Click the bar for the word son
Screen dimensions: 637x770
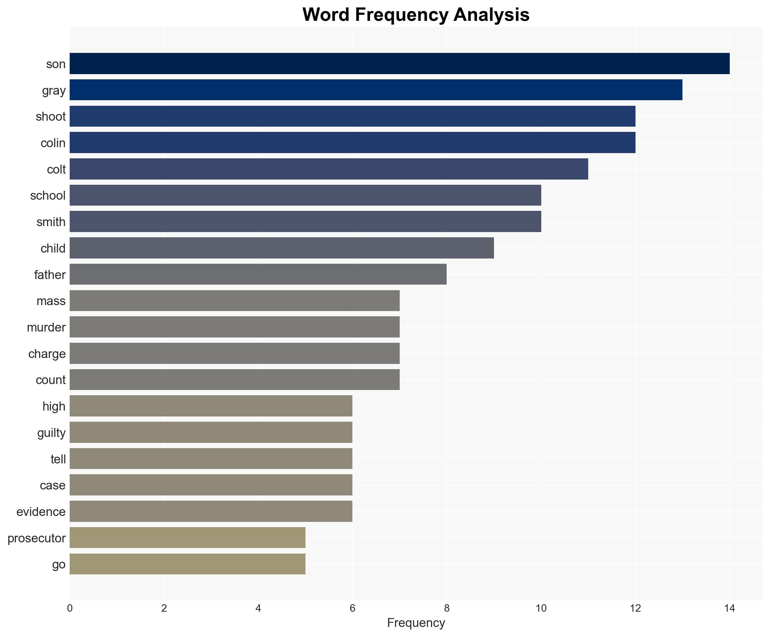(x=399, y=64)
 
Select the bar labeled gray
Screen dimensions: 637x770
(x=376, y=90)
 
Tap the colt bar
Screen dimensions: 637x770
(x=329, y=169)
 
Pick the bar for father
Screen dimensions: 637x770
(x=258, y=275)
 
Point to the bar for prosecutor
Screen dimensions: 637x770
(x=187, y=538)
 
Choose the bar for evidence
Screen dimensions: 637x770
(x=211, y=511)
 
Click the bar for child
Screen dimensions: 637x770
(x=282, y=248)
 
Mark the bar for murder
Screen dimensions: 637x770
(x=234, y=327)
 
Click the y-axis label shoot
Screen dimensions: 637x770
(x=51, y=117)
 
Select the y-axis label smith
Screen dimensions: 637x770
(x=51, y=222)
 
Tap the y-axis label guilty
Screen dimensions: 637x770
(x=51, y=432)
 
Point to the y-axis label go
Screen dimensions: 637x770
(x=59, y=564)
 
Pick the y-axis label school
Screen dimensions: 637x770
(x=48, y=196)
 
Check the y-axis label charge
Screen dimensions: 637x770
(x=47, y=354)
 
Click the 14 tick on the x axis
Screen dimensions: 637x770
(x=729, y=608)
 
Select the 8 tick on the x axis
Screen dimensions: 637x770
(x=447, y=608)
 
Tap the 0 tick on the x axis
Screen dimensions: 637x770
(x=70, y=608)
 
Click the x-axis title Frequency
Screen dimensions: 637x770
(x=416, y=623)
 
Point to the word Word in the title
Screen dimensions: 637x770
(x=325, y=15)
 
